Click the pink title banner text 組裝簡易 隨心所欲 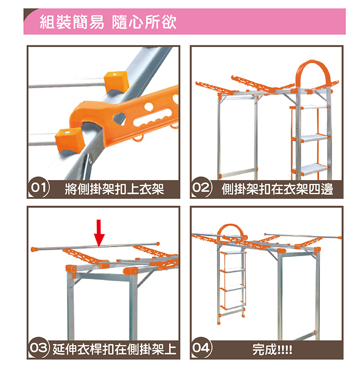(x=108, y=22)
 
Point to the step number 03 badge (x=39, y=348)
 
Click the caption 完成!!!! (x=272, y=349)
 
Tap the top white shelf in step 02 (x=314, y=107)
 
